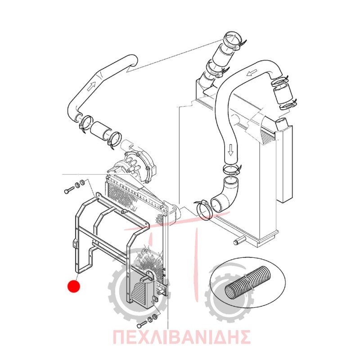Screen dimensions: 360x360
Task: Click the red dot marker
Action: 73,286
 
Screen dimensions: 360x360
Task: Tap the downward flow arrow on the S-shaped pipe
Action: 231,150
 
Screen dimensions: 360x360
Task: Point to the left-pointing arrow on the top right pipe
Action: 252,73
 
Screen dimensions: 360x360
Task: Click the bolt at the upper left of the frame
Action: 68,190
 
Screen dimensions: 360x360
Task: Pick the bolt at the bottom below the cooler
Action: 142,324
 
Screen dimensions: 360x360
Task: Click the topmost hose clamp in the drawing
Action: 234,41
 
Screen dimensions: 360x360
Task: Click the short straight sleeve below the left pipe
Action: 101,130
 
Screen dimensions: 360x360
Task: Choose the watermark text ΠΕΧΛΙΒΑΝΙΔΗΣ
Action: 182,337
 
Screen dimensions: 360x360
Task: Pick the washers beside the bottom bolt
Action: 153,318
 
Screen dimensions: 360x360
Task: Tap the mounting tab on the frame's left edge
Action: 75,243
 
